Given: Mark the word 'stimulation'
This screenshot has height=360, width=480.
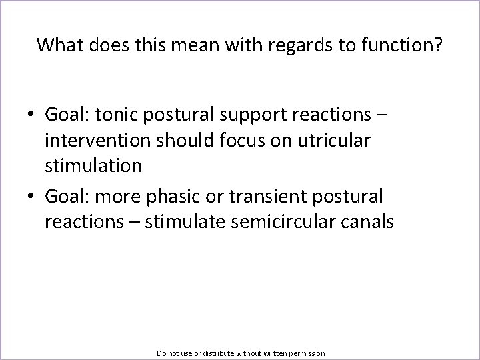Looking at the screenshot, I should [93, 165].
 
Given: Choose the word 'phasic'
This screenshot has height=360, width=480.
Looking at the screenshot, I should [175, 197].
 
